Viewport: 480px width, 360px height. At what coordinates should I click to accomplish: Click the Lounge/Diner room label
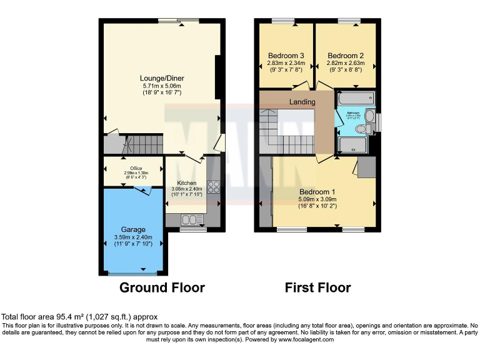tap(162, 78)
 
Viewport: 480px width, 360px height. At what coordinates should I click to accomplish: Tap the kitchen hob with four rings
tap(212, 187)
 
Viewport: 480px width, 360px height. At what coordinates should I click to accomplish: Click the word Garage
tap(133, 229)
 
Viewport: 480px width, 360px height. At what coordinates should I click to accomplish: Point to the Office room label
tap(133, 169)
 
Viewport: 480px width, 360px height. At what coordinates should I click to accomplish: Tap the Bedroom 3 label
tap(284, 54)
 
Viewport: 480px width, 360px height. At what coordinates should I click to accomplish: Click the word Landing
tap(302, 101)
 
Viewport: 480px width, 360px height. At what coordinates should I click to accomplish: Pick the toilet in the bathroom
tap(360, 129)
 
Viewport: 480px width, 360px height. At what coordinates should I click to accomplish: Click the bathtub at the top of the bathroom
tap(355, 99)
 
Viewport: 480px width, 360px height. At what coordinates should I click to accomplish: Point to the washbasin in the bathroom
tap(369, 116)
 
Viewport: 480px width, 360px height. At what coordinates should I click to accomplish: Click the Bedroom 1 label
tap(317, 191)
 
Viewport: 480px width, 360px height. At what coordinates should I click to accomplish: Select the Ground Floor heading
tap(162, 287)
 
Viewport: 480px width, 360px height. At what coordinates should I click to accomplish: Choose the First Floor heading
tap(317, 287)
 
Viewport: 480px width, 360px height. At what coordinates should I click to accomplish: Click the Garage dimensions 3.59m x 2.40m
tap(133, 237)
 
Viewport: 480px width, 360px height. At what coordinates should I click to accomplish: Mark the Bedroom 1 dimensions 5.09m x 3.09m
tap(317, 199)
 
